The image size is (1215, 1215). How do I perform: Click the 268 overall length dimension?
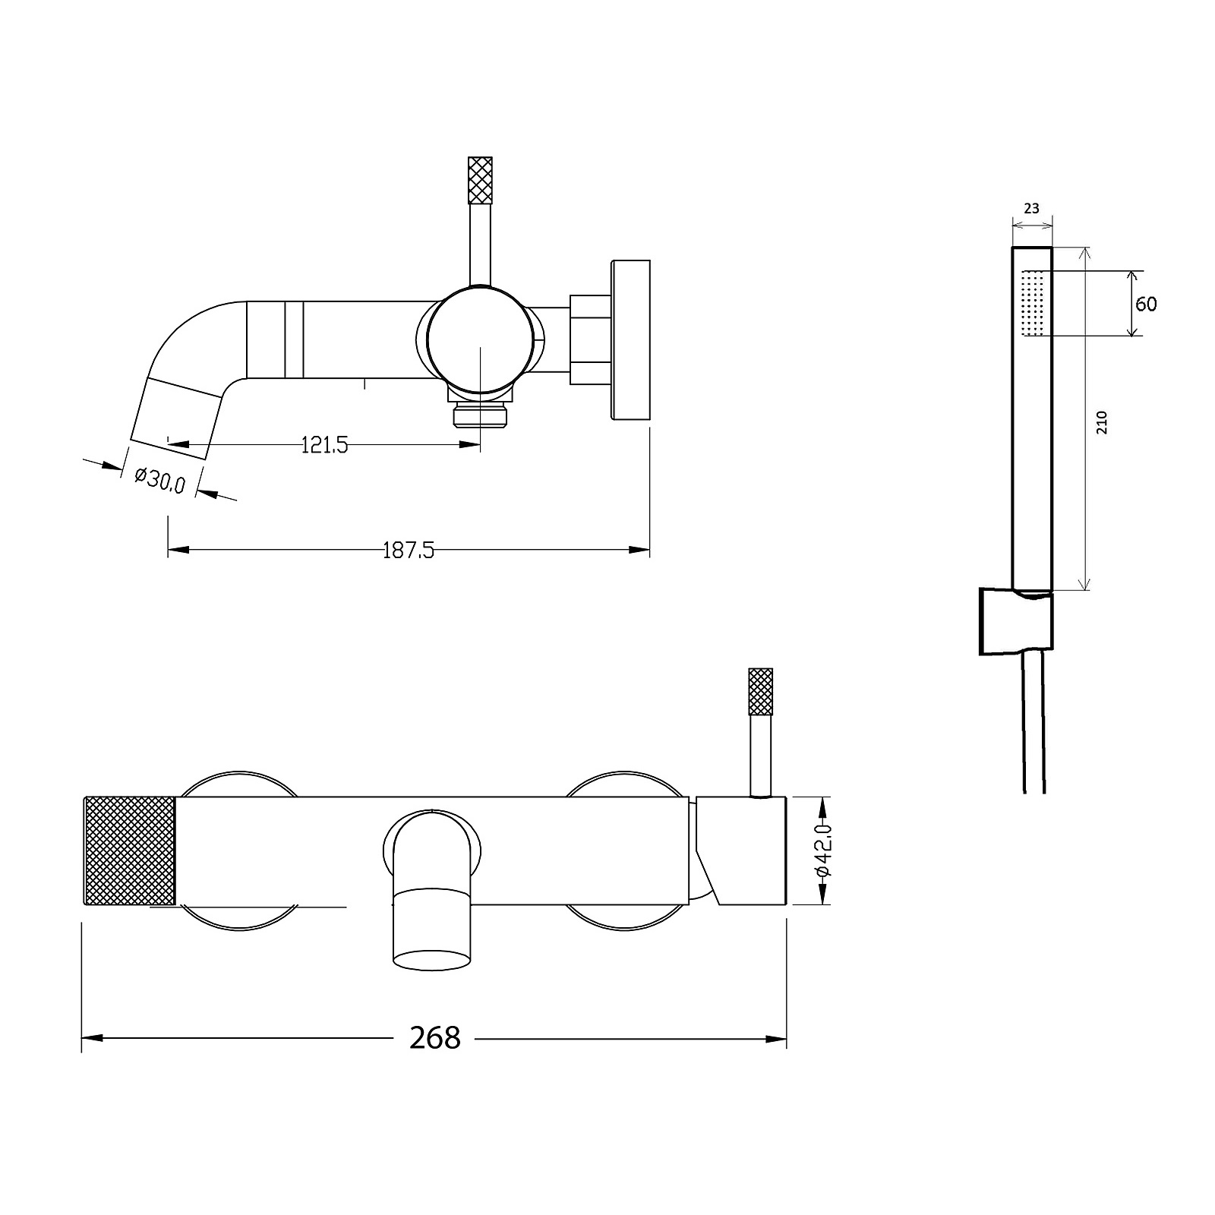point(434,1037)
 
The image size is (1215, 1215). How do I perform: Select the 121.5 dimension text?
point(325,446)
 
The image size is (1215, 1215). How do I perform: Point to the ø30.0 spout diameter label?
point(160,480)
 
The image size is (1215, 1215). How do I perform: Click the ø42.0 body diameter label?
point(823,851)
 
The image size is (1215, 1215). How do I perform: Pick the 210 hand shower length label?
point(1102,422)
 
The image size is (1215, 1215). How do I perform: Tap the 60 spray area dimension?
point(1146,304)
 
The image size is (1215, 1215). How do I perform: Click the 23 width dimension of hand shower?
point(1031,208)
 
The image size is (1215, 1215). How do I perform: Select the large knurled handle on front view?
point(129,850)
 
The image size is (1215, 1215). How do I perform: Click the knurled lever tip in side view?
point(481,180)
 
